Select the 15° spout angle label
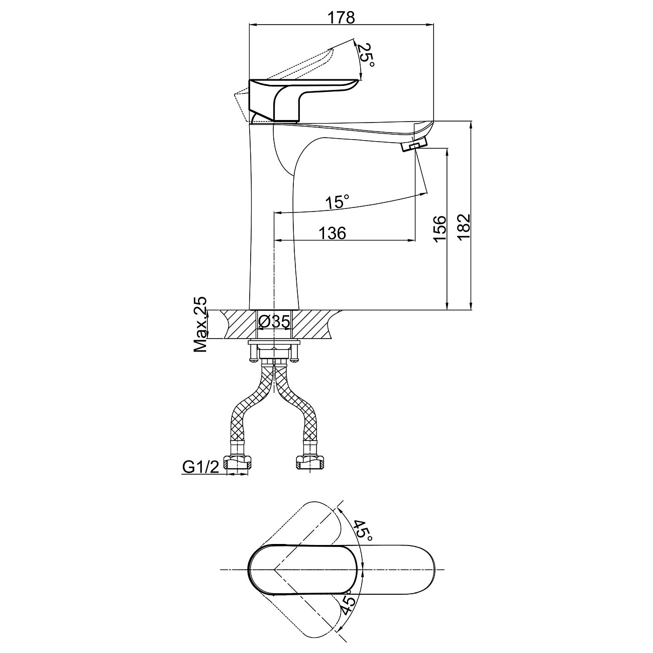point(337,202)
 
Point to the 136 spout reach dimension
point(333,234)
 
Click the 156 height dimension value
point(439,229)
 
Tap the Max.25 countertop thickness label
point(201,324)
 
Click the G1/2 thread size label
point(200,468)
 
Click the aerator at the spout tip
point(413,145)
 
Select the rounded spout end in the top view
point(422,569)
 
